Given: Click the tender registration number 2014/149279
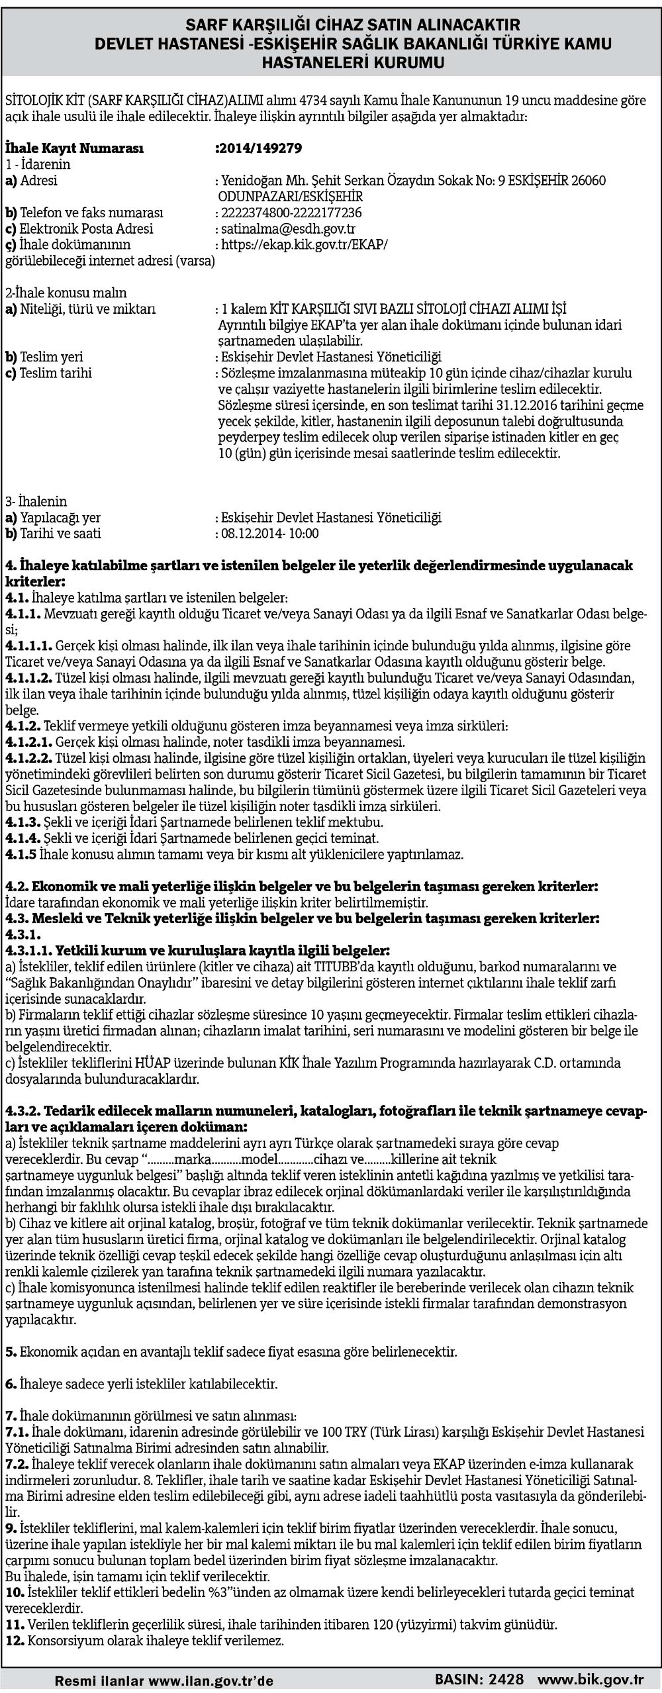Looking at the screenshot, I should [x=260, y=148].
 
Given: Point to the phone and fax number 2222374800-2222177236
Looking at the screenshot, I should [x=292, y=213].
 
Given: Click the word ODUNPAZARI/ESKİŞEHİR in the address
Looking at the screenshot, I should [x=291, y=197].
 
